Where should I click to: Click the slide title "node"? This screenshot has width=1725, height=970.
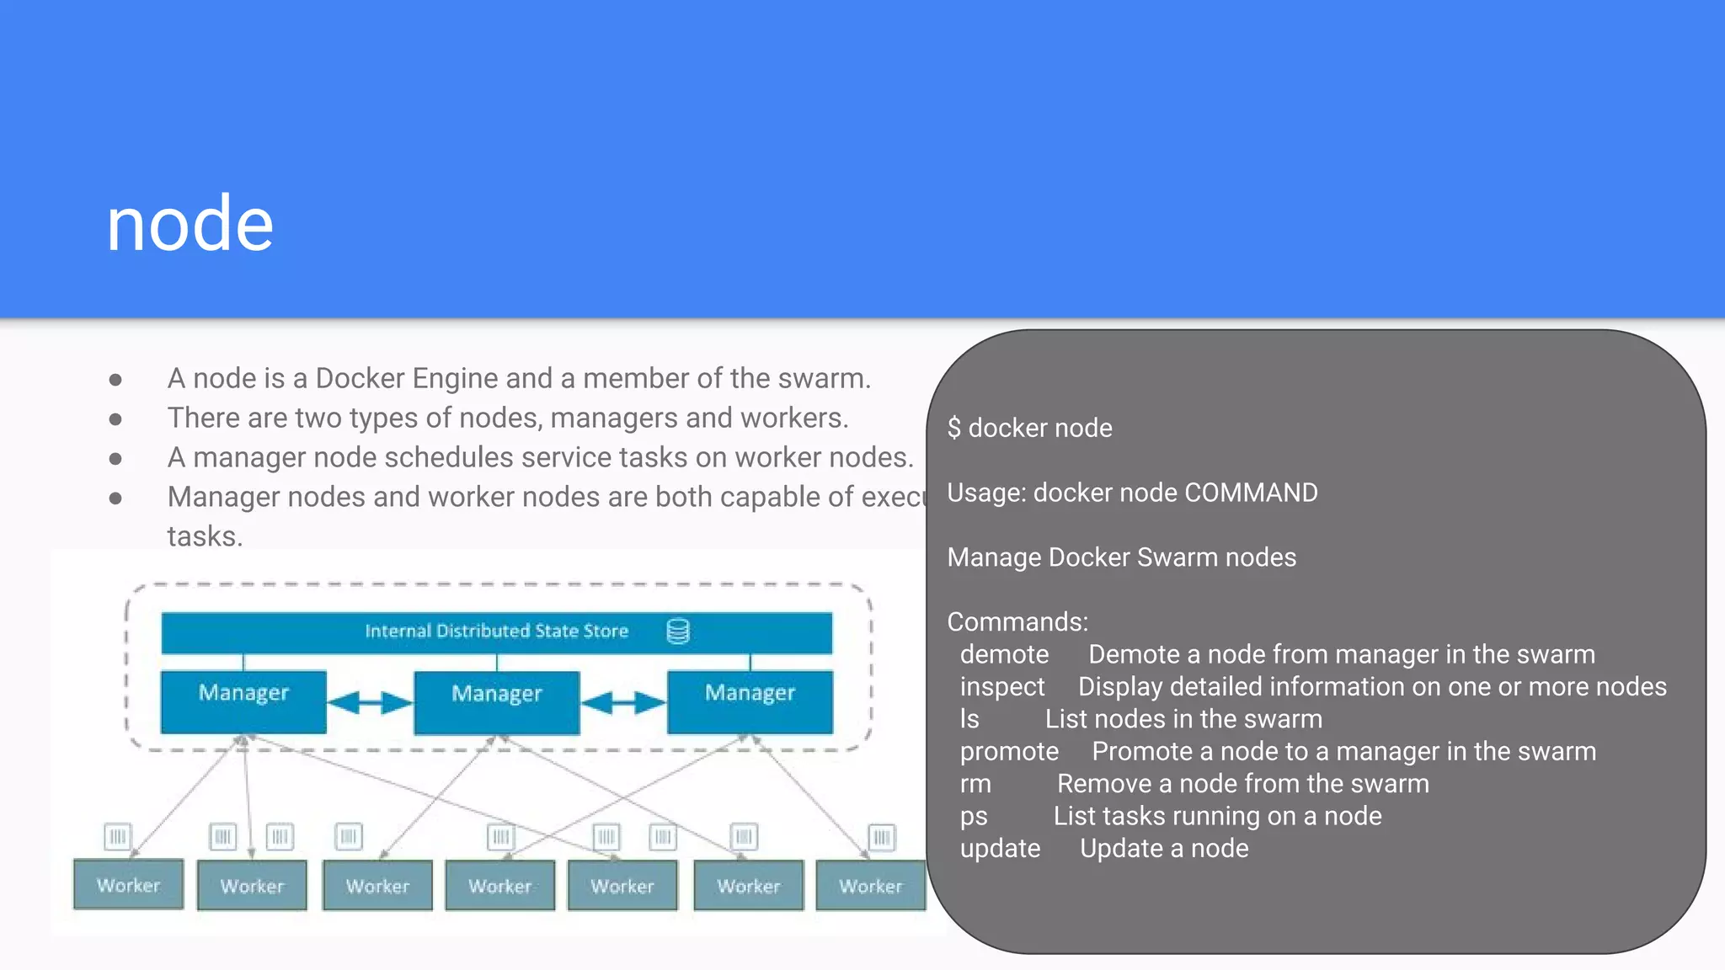190,224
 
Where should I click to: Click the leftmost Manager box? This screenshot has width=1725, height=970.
243,701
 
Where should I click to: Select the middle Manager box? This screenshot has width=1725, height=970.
496,702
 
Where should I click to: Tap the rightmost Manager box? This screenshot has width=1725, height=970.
750,701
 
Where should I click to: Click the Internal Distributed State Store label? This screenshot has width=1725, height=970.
496,632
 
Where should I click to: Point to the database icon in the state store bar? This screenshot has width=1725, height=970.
678,632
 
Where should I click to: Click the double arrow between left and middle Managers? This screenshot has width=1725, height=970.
370,702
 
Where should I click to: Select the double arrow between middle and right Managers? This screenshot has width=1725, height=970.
623,702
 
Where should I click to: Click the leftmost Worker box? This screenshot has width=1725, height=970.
128,884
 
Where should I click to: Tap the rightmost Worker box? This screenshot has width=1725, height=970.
870,885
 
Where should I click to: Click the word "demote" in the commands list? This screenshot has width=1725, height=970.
1004,654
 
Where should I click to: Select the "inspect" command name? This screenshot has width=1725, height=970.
1002,687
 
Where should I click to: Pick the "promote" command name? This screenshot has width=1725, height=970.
1009,751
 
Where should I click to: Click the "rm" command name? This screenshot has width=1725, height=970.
975,784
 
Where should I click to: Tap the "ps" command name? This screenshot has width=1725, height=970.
974,816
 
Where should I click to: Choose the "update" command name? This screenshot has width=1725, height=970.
1000,849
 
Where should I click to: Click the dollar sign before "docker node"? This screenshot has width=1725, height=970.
953,428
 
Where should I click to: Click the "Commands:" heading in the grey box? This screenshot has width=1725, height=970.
1017,622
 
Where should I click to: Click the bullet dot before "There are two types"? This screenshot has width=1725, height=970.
115,418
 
